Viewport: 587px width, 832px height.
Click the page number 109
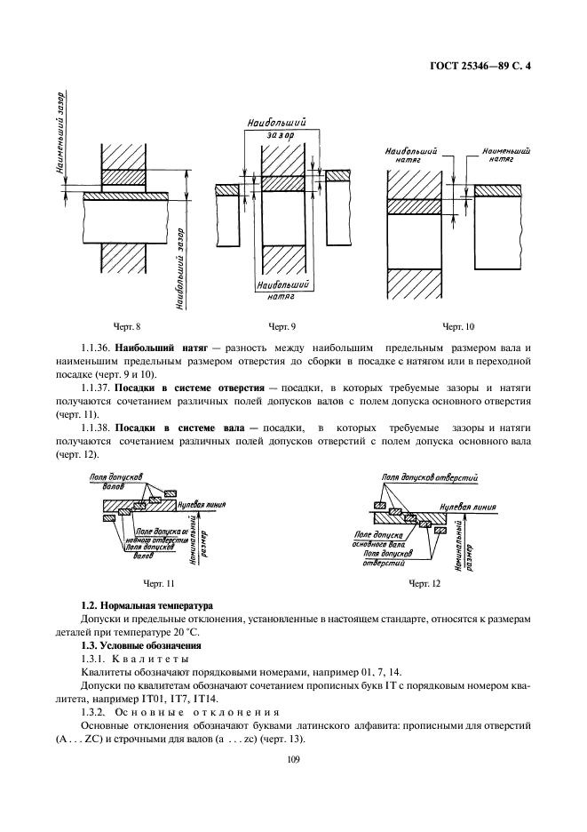pos(294,758)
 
